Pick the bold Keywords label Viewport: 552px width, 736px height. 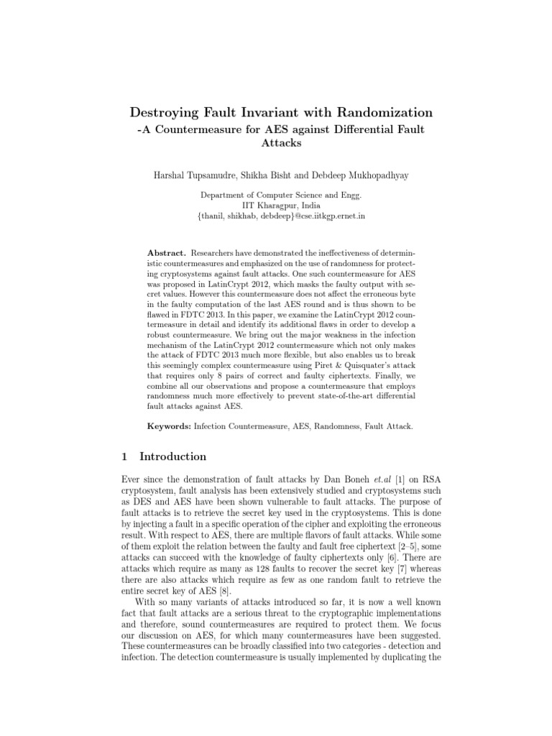tap(169, 426)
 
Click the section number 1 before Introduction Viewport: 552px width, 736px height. tap(125, 456)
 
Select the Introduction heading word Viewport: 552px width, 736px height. tap(172, 456)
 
